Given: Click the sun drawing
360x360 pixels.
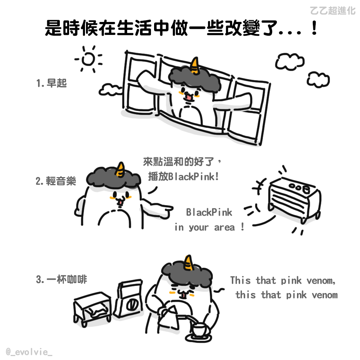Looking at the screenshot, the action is (89, 59).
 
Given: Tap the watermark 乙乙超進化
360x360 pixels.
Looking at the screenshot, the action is (332, 10).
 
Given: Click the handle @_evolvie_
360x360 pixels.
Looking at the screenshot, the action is (29, 352).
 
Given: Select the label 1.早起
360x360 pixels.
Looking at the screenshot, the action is (51, 83).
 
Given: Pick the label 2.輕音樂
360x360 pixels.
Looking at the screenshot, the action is (56, 181).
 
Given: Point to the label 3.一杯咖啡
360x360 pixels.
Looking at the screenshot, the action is (62, 279).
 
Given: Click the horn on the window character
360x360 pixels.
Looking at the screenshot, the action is (195, 66).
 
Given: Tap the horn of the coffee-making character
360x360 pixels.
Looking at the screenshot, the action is (188, 263).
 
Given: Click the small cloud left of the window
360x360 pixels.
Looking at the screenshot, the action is (110, 90).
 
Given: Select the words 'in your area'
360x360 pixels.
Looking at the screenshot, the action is (204, 228).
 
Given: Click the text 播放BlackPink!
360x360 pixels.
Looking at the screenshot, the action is (183, 176).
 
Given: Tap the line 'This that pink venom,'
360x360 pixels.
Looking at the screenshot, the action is (283, 280).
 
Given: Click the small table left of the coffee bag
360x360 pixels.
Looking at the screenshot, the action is (92, 309).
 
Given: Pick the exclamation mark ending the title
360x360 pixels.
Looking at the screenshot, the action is (314, 28).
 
